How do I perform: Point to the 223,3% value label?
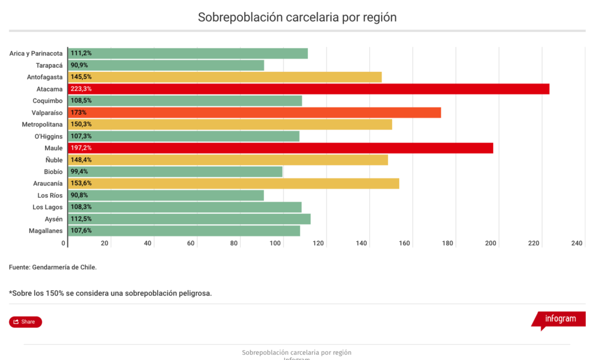coord(81,89)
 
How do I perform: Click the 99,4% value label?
coord(79,172)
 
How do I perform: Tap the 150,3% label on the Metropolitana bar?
coord(81,124)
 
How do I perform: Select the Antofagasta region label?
coord(45,77)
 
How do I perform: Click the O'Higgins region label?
coord(49,136)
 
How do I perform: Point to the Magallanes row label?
coord(45,231)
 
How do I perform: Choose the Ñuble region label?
coord(54,160)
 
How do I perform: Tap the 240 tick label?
coord(577,243)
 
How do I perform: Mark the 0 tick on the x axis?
coord(64,243)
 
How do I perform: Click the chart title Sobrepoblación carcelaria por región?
coord(297,17)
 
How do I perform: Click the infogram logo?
coord(560,319)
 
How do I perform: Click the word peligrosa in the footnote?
coord(194,293)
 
